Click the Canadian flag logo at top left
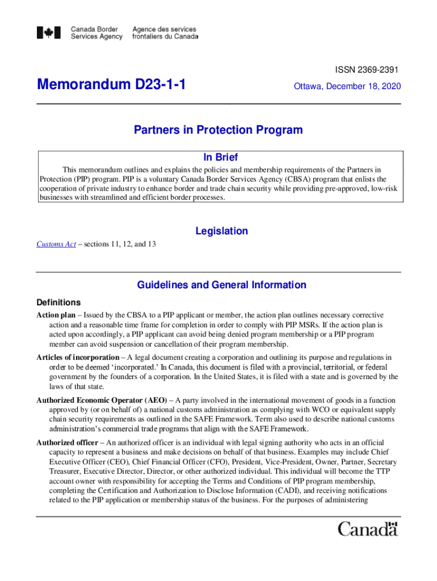(x=49, y=33)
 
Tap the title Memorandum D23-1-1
(x=111, y=86)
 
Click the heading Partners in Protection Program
(x=218, y=130)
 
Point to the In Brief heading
(x=220, y=157)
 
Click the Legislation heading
(x=221, y=231)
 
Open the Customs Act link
(x=56, y=244)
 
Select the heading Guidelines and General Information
(x=221, y=285)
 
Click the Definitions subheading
(x=58, y=302)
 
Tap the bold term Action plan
(x=56, y=315)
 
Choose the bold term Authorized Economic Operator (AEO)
(x=102, y=400)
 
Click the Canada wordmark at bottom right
(x=368, y=530)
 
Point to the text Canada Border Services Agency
(x=96, y=33)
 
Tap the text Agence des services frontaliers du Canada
(x=165, y=33)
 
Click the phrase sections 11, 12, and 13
(x=121, y=244)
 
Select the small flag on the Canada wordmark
(x=392, y=524)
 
